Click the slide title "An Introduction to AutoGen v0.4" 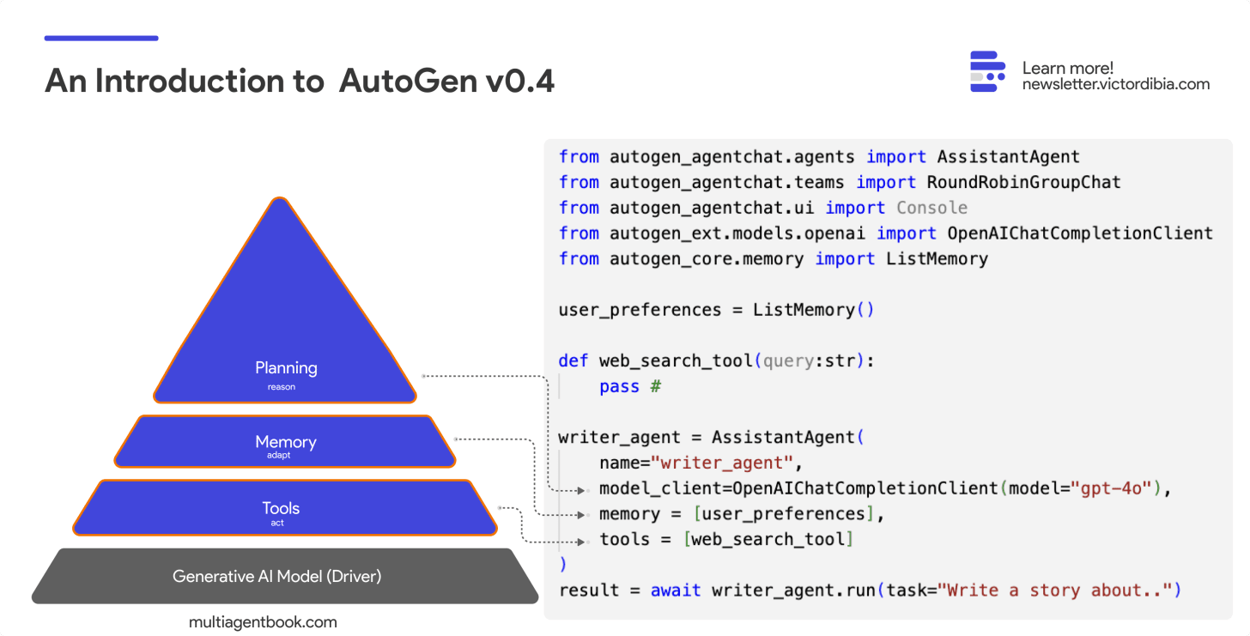(300, 82)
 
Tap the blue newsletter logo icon (987, 71)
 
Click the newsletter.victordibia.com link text (1115, 84)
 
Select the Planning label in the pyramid (286, 368)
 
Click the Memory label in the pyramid (286, 442)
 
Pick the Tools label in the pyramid (281, 508)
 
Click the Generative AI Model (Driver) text (276, 576)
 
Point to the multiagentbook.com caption (263, 622)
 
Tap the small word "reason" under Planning (281, 387)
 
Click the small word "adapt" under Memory (278, 456)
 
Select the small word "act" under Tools (276, 523)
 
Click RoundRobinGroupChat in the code (1023, 183)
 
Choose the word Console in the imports (931, 208)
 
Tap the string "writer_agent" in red (722, 463)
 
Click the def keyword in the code (573, 361)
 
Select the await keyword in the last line (675, 591)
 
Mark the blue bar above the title (101, 38)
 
